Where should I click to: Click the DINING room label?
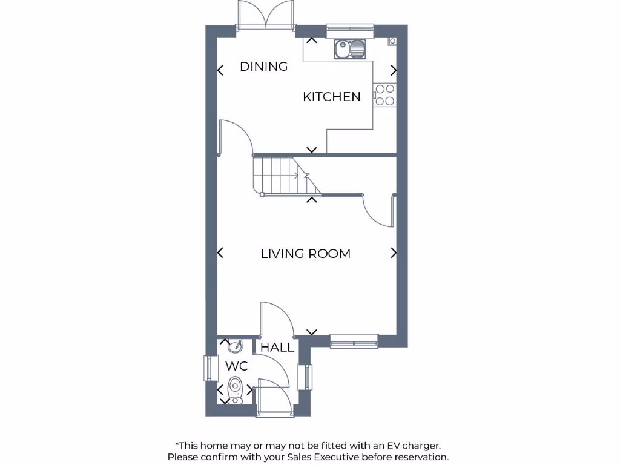click(263, 67)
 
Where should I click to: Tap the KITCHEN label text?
click(331, 97)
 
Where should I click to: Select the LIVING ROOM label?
click(305, 254)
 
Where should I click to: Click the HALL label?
click(277, 348)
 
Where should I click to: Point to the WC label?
click(237, 366)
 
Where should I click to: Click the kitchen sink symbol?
click(350, 49)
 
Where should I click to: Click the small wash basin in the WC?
click(235, 346)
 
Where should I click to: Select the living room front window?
click(354, 341)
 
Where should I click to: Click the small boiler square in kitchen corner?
click(392, 41)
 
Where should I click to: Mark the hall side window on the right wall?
click(308, 377)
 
